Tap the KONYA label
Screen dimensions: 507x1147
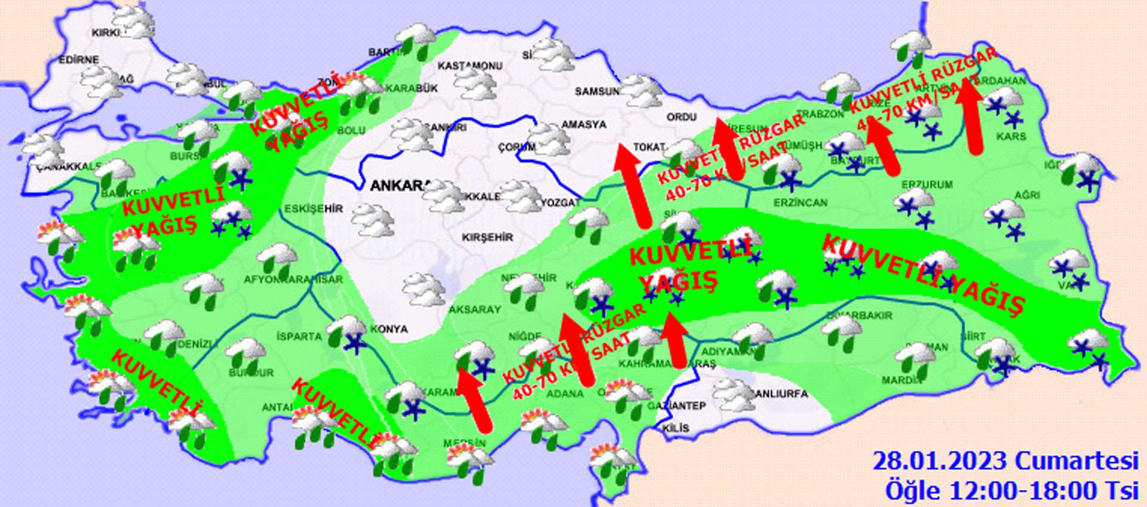389,329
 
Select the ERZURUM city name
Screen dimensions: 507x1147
927,185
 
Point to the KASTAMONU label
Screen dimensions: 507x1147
470,66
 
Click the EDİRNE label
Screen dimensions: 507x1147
78,60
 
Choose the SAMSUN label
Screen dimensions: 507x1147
597,91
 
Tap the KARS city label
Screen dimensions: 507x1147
1011,137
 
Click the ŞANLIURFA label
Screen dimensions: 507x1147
780,394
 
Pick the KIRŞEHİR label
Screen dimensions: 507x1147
487,237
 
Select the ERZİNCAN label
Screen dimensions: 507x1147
801,203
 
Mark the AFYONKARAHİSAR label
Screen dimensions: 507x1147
293,279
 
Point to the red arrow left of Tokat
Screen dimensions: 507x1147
633,185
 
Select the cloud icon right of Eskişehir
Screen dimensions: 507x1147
373,220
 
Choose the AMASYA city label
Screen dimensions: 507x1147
584,125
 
